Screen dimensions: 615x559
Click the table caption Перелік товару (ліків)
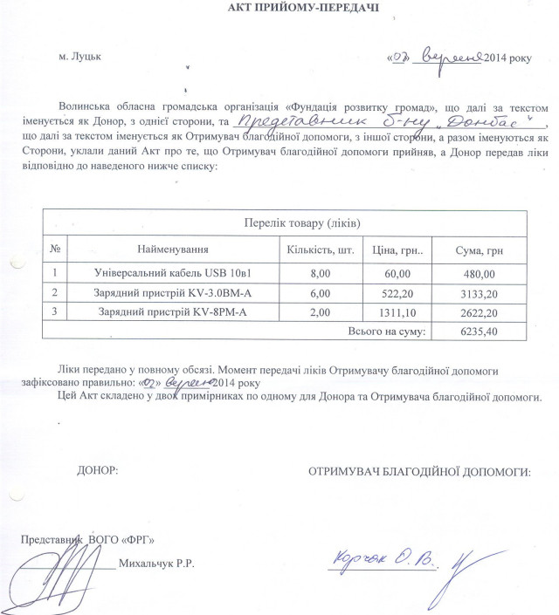click(x=300, y=225)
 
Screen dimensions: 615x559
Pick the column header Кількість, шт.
click(x=320, y=250)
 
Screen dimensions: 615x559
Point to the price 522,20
click(x=393, y=292)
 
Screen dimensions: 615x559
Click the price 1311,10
click(x=393, y=311)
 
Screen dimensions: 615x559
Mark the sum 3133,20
click(x=479, y=292)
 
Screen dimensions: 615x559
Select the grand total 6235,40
click(x=480, y=331)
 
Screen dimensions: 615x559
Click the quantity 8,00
click(x=320, y=273)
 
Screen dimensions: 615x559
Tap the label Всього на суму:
click(x=387, y=331)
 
